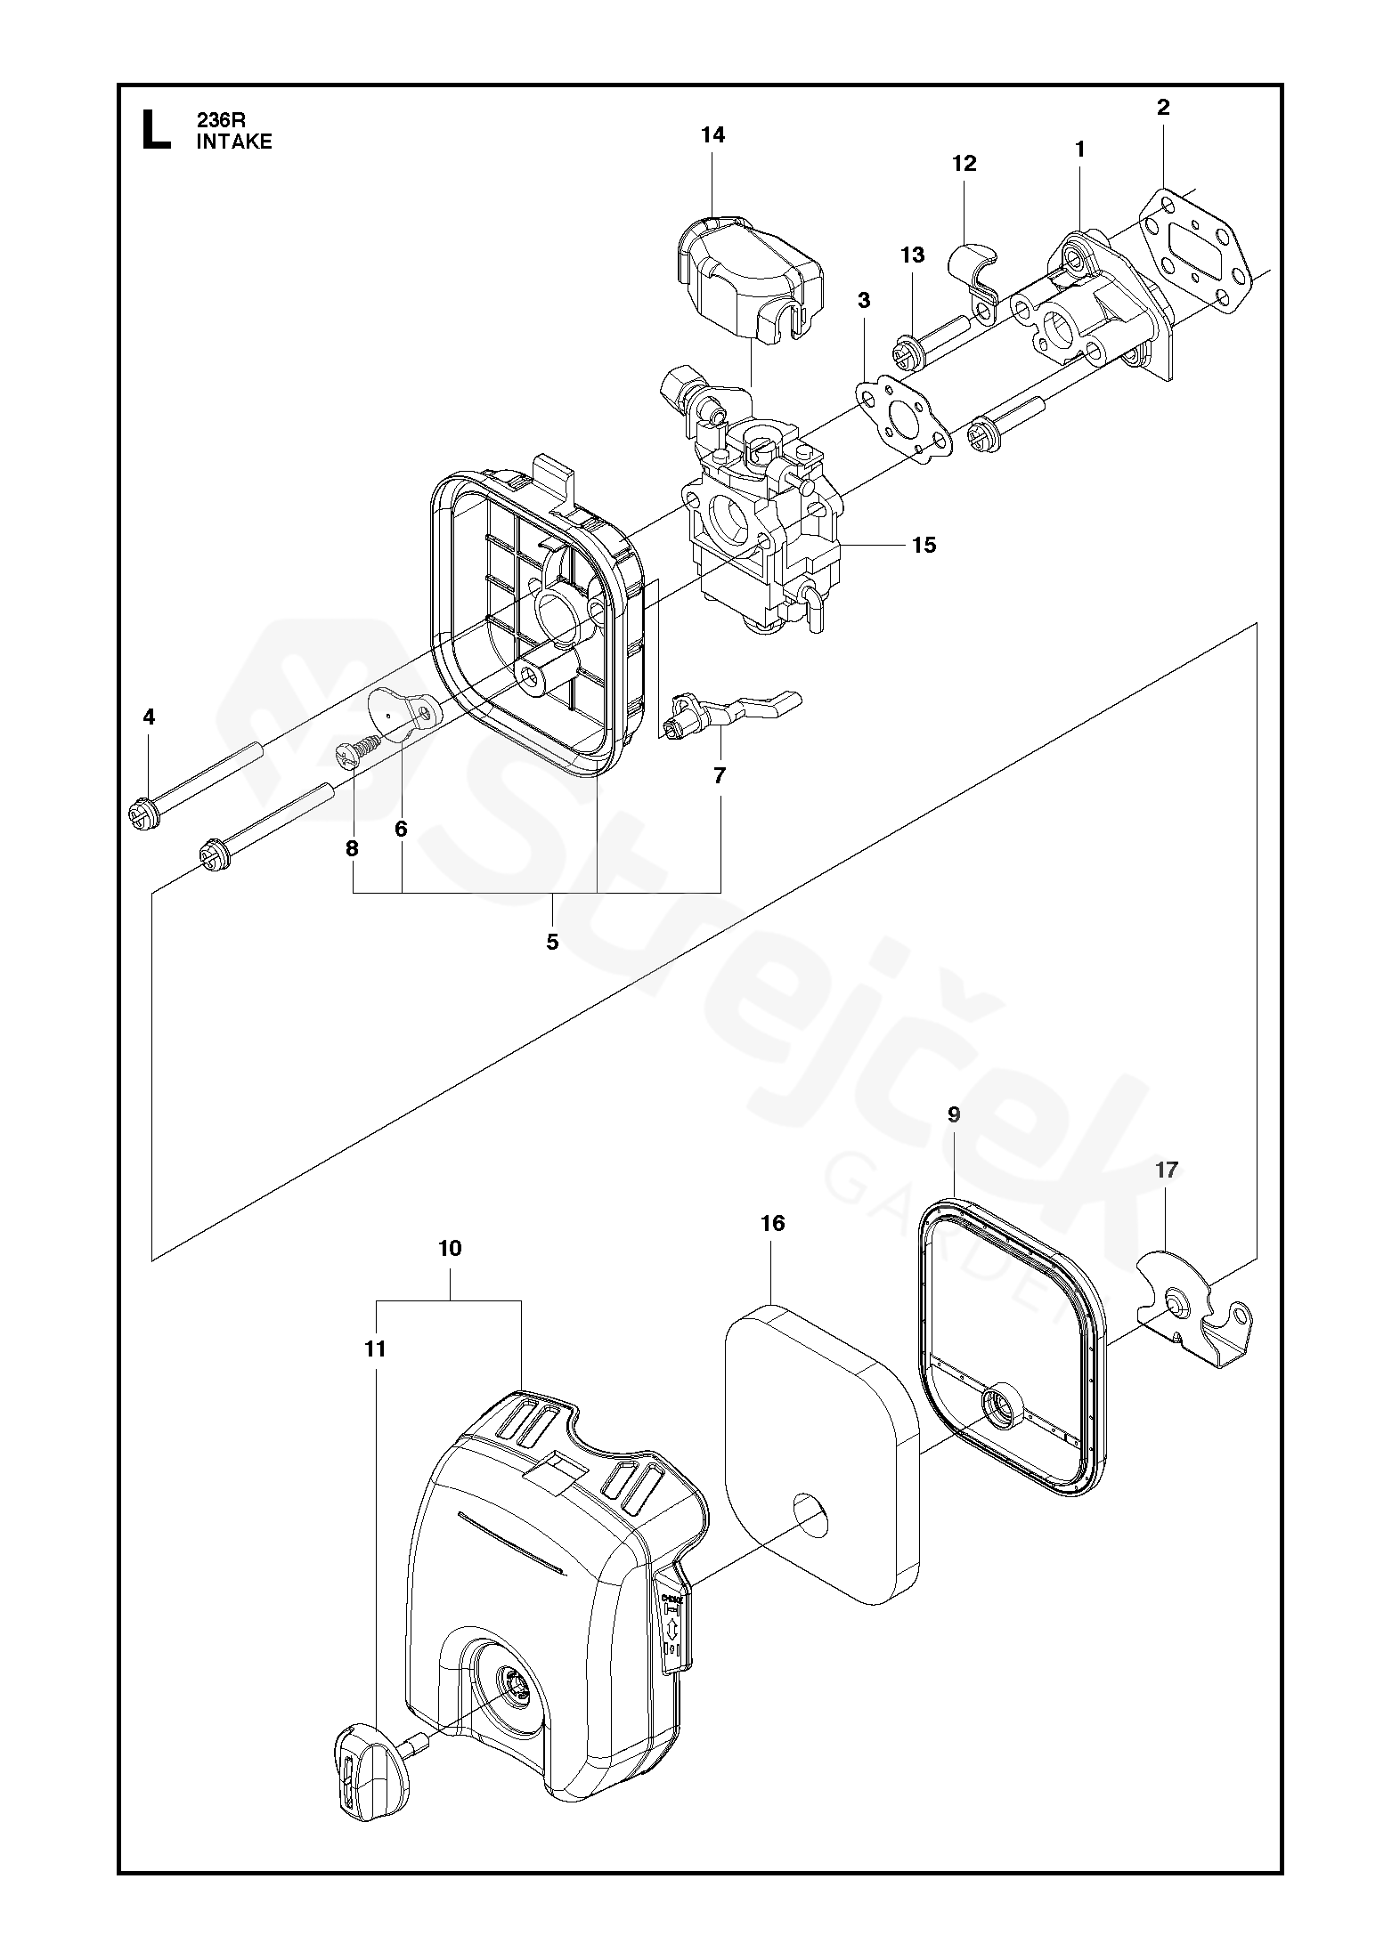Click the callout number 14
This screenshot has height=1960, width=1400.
point(712,135)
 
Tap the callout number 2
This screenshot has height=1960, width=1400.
point(1162,108)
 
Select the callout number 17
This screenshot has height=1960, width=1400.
point(1166,1170)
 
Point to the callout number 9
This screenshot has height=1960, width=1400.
point(954,1114)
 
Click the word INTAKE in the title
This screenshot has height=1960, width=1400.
point(234,142)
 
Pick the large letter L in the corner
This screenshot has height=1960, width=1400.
point(154,129)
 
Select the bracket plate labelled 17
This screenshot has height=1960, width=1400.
point(1193,1309)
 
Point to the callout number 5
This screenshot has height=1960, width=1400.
point(552,942)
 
